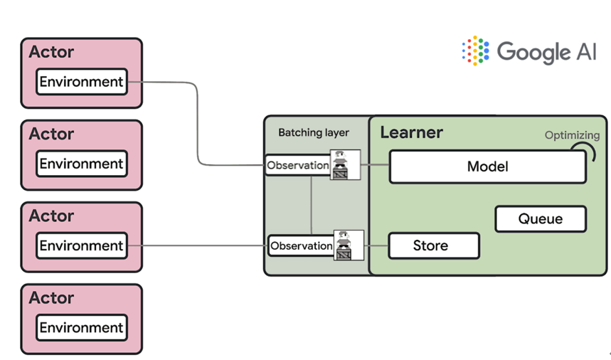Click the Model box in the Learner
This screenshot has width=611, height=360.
coord(487,167)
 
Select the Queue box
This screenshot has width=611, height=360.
coord(540,219)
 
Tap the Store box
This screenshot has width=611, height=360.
coord(433,246)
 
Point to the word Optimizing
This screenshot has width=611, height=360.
coord(572,135)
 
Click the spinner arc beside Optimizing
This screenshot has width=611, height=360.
coord(585,152)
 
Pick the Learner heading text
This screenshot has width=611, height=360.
coord(411,132)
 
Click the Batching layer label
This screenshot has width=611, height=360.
coord(314,133)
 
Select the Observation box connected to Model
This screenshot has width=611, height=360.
coord(298,166)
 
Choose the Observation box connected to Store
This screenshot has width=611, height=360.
coord(302,246)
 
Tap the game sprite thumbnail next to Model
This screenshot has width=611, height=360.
coord(346,165)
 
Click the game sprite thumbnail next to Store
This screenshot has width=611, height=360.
coord(349,245)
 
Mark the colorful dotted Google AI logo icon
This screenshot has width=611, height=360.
coord(475,51)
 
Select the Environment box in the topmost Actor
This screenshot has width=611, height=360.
coord(82,82)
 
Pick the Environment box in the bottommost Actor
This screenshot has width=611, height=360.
coord(82,328)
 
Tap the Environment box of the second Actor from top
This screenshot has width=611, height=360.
coord(82,164)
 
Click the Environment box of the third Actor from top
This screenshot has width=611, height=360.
coord(82,246)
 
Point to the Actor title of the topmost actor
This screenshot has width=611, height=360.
coord(51,52)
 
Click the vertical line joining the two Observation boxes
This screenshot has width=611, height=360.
coord(312,205)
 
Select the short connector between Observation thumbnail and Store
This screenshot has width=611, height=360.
coord(376,246)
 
